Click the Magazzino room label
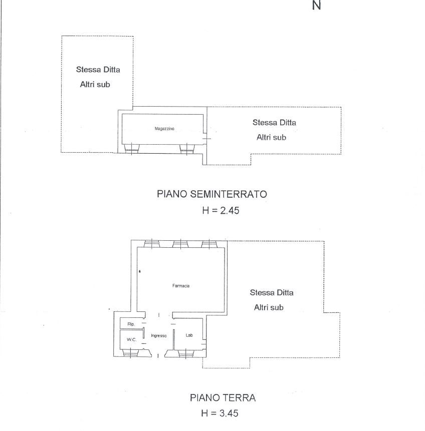(164, 128)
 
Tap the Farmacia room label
(181, 286)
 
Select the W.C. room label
(132, 339)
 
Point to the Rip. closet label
(131, 324)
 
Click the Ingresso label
(159, 335)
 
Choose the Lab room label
(189, 335)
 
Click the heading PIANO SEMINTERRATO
(212, 194)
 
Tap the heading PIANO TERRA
(223, 398)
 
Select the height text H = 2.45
(221, 211)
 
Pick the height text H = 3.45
(220, 413)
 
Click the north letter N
(317, 5)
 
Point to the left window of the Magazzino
(132, 149)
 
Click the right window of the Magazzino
(187, 149)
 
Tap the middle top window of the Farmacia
(180, 244)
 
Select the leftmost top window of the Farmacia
(152, 244)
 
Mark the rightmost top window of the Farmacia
(209, 244)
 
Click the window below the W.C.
(130, 352)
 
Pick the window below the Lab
(186, 353)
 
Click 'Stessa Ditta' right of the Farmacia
(272, 292)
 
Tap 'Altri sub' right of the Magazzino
(272, 137)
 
